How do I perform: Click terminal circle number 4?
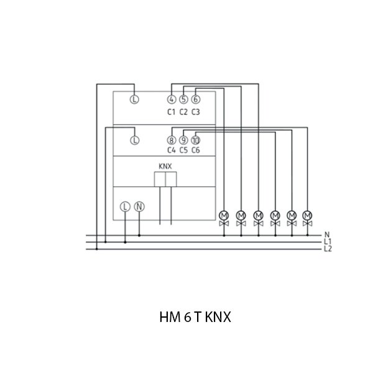tap(172, 99)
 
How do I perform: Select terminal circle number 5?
tap(183, 99)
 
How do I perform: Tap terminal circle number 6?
tap(195, 99)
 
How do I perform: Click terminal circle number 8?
tap(172, 140)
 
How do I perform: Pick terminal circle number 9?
tap(183, 140)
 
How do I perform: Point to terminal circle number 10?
tap(195, 140)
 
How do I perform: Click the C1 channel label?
tap(172, 112)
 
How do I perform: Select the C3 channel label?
tap(195, 112)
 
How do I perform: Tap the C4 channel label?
tap(172, 150)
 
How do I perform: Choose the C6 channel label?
tap(195, 150)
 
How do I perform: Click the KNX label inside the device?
tap(165, 167)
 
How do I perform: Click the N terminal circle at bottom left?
tap(139, 206)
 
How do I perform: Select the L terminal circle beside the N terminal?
tap(125, 206)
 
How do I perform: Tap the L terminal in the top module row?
tap(134, 99)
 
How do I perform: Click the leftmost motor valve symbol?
tap(224, 218)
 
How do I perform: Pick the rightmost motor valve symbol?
tap(307, 218)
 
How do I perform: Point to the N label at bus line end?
tap(327, 235)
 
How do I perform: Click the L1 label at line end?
tap(328, 242)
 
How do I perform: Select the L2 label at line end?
tap(328, 249)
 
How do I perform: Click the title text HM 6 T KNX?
tap(195, 317)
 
